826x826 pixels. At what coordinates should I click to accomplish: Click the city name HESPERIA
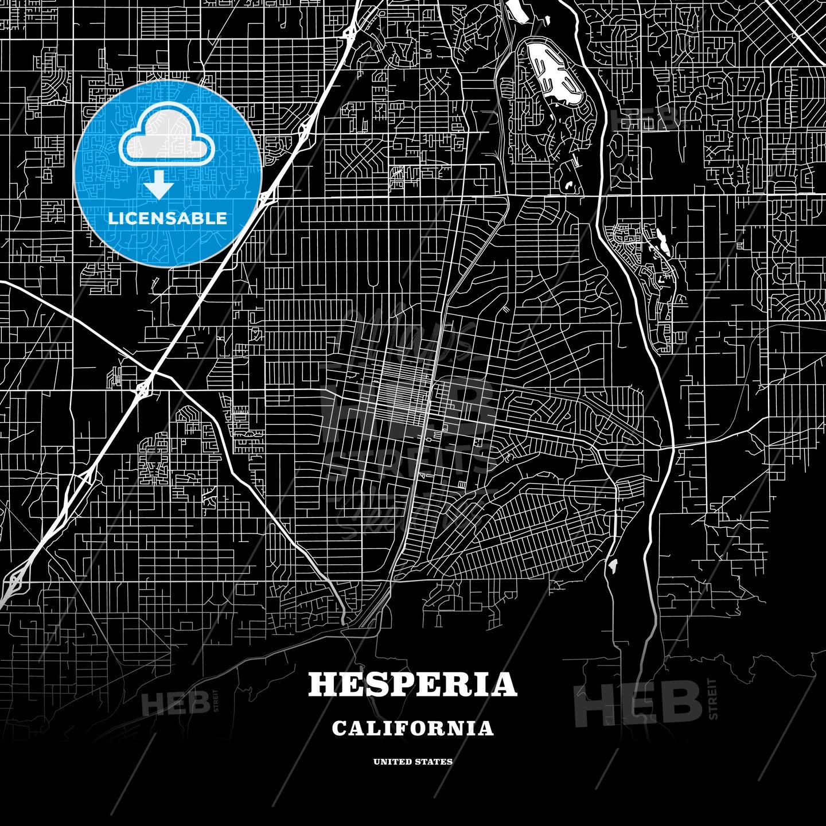(x=412, y=684)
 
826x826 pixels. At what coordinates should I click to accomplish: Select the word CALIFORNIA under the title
(x=412, y=728)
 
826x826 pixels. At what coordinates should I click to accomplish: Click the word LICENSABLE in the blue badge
(x=167, y=219)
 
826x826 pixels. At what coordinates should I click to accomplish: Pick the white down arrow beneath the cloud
(x=159, y=185)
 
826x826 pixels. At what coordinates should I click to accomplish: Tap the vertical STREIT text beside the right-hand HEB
(x=713, y=699)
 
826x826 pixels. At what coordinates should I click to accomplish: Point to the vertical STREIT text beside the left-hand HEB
(x=216, y=700)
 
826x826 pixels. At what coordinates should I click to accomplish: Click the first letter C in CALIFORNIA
(x=339, y=728)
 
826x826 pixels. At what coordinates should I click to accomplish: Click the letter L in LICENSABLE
(x=112, y=219)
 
